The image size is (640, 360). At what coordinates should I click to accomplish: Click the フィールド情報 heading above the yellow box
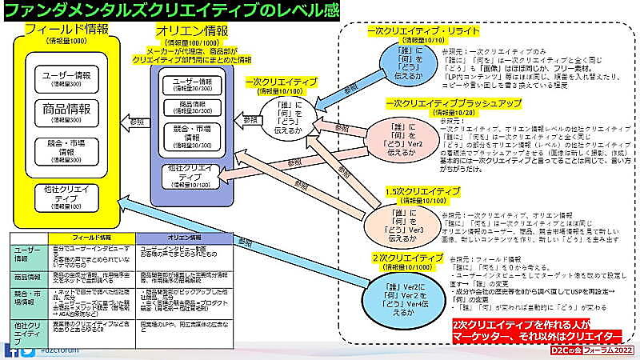click(67, 30)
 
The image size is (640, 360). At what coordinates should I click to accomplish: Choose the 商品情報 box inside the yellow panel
click(67, 112)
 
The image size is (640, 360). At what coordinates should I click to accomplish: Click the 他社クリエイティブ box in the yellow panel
click(67, 197)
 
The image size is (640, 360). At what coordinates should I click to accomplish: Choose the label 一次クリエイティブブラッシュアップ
click(453, 104)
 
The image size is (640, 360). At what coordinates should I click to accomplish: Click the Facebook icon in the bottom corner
click(10, 350)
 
